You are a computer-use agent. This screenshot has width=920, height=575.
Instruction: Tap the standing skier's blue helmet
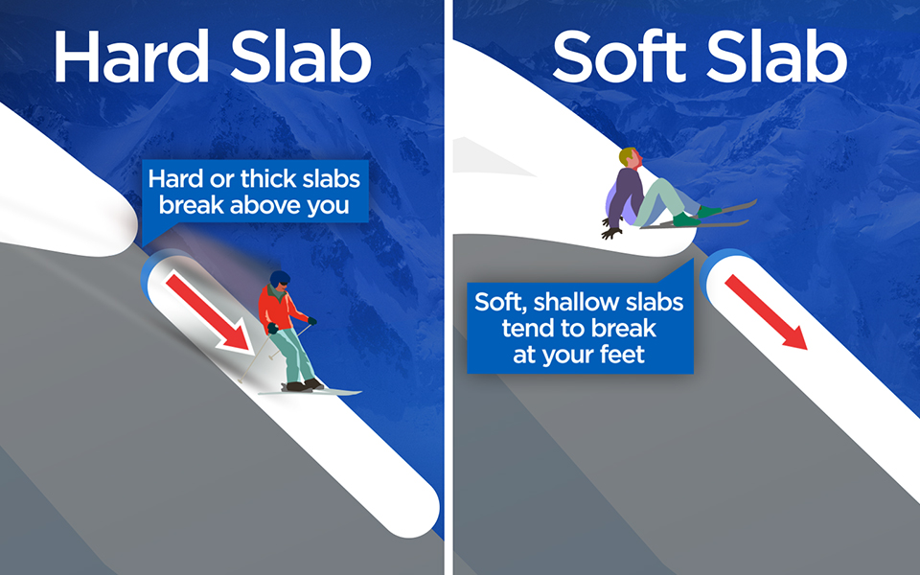279,280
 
